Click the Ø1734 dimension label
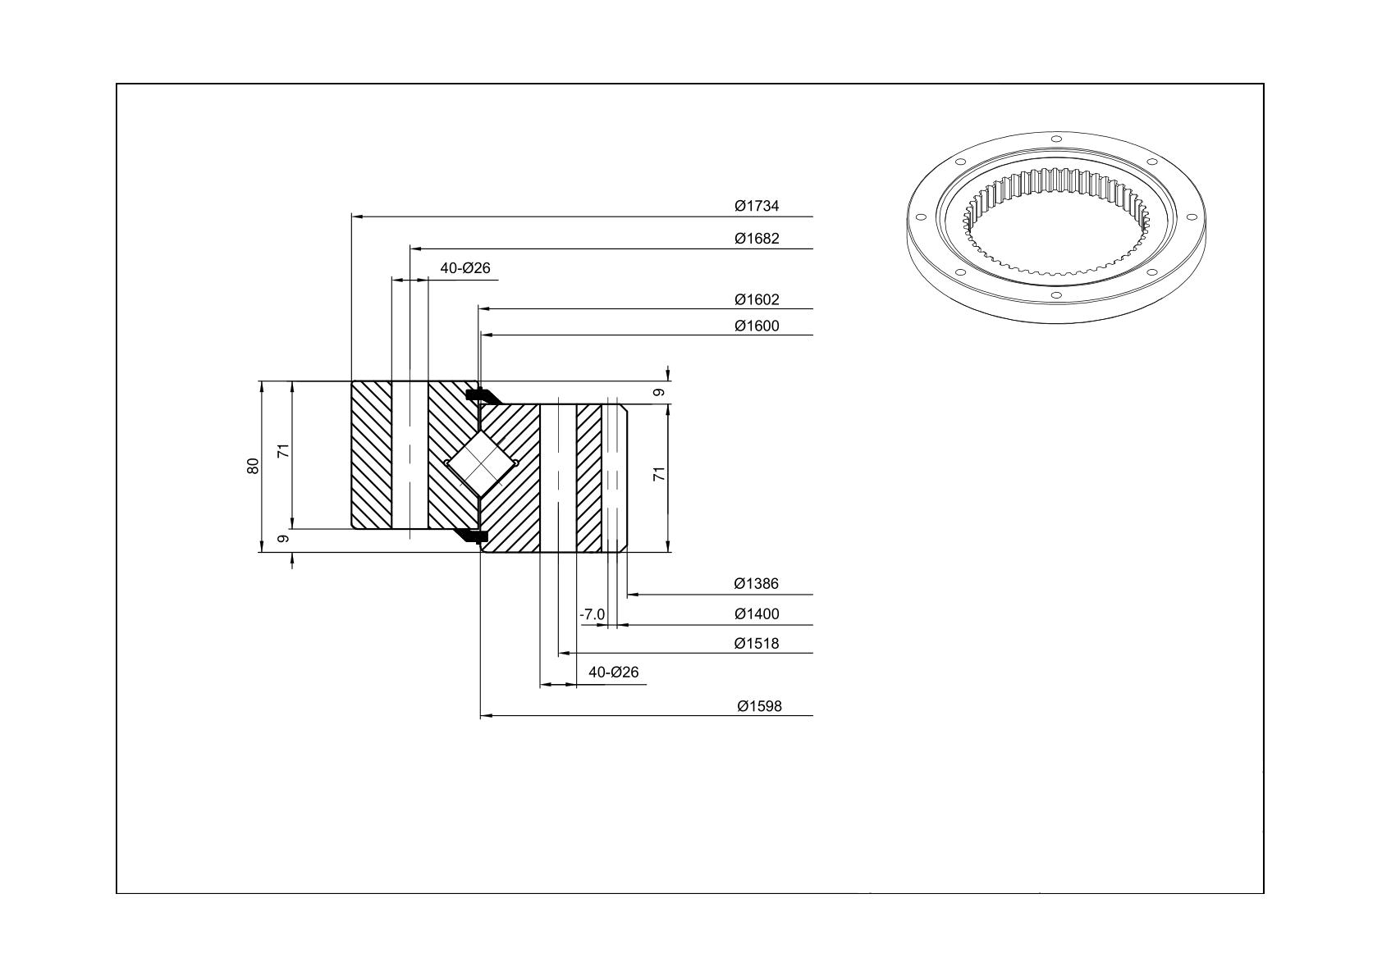point(757,206)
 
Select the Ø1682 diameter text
point(757,239)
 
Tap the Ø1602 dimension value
point(757,299)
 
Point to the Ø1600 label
point(757,326)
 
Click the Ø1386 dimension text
point(757,583)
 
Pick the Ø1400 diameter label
point(757,614)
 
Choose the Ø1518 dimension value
point(757,644)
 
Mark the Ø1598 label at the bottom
point(759,706)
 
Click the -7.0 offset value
point(593,614)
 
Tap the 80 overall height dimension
point(253,466)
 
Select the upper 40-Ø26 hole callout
point(465,268)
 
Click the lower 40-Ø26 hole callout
point(613,672)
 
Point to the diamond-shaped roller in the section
point(481,463)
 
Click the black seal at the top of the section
point(482,396)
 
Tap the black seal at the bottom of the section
point(473,536)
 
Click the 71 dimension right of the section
point(660,473)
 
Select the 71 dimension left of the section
point(283,451)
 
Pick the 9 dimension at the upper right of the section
point(659,392)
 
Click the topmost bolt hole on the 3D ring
point(1055,139)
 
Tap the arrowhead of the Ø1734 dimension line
point(357,217)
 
